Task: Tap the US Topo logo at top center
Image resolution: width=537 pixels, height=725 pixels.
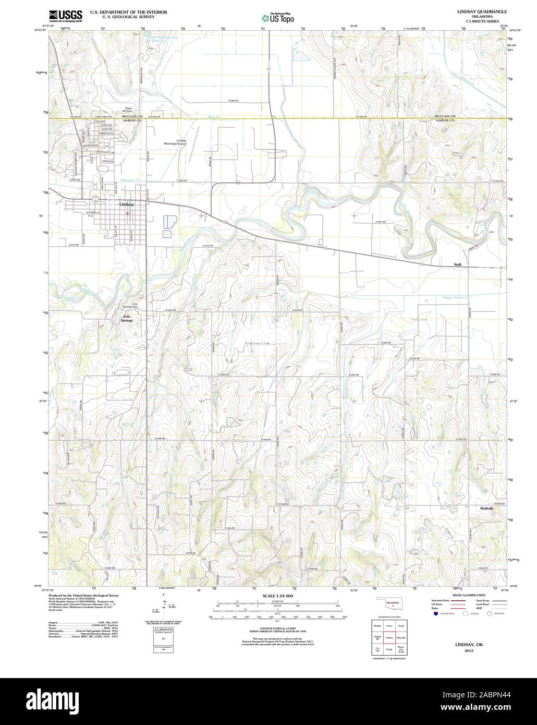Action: pyautogui.click(x=277, y=18)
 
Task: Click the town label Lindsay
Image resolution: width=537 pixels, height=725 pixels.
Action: pyautogui.click(x=127, y=204)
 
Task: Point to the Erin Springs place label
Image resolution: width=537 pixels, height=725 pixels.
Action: pyautogui.click(x=127, y=319)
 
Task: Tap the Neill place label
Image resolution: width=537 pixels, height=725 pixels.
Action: pyautogui.click(x=459, y=265)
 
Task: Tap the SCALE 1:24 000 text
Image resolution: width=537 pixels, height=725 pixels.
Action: pyautogui.click(x=278, y=596)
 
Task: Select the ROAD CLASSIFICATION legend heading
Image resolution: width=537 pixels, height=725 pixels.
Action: pyautogui.click(x=469, y=595)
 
